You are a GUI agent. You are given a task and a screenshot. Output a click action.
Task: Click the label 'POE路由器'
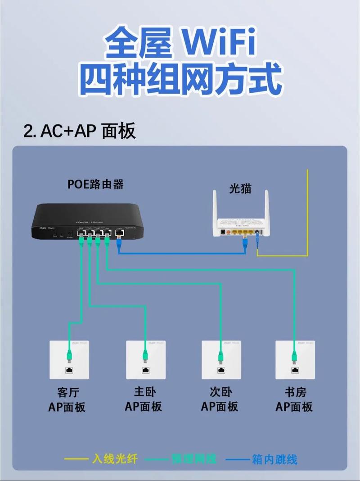coord(95,184)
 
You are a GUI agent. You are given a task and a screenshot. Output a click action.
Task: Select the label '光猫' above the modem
coord(240,189)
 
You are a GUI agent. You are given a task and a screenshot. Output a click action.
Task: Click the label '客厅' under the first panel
coord(68,392)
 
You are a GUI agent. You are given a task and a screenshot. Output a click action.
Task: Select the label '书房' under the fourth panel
coord(295,392)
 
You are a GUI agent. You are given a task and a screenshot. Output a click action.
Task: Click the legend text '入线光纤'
coord(114,459)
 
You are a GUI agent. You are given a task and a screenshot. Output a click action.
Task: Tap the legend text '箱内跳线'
coord(275,459)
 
